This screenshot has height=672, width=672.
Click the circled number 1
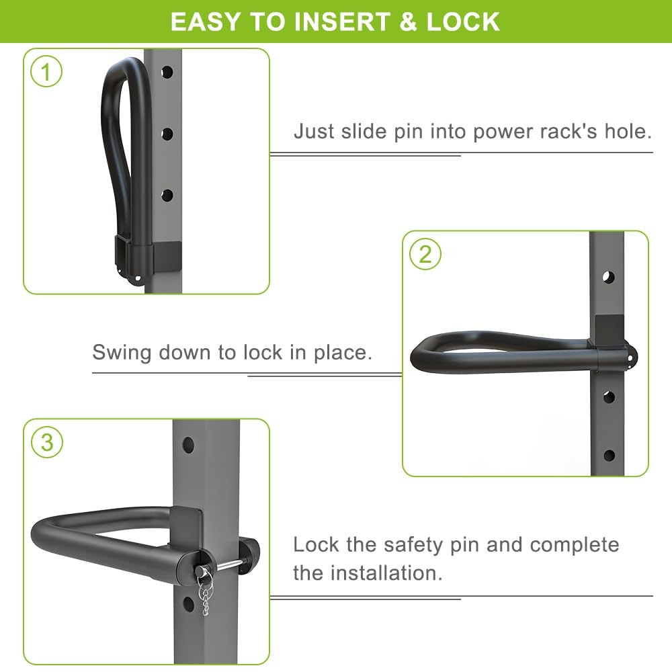46,72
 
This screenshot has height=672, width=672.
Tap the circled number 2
425,255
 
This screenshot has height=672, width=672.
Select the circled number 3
46,443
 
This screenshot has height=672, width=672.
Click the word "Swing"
123,352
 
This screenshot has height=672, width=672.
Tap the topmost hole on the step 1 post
167,71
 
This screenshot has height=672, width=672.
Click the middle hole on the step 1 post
167,134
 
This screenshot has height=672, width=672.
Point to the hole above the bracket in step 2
608,277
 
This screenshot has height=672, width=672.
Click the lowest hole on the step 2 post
609,455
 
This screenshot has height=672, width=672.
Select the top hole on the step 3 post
188,445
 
